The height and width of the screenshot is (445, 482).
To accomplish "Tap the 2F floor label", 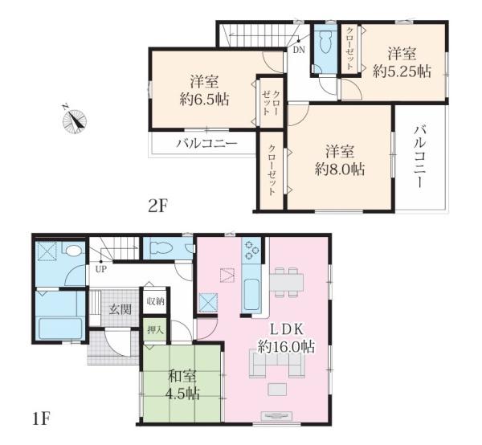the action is (157, 206).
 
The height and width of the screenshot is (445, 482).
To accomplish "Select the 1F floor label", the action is (41, 418).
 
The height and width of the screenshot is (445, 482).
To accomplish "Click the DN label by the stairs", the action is (299, 50).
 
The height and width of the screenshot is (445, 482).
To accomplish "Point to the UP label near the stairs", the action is (101, 270).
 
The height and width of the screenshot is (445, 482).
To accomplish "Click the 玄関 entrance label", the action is (120, 309).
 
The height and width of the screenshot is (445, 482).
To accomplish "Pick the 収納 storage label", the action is (156, 301).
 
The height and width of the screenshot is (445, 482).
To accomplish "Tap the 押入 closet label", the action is (155, 330).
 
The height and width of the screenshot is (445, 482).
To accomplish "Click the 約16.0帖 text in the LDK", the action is (286, 347).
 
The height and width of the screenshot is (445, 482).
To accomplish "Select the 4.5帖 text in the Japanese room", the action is (183, 394).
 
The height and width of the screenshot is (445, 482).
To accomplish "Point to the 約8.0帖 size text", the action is (339, 169).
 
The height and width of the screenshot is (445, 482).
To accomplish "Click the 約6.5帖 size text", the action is (204, 100).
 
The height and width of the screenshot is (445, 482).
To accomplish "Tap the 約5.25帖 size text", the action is (402, 71).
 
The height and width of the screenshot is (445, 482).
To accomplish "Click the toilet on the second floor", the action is (325, 43).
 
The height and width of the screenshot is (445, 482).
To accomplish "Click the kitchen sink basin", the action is (251, 295).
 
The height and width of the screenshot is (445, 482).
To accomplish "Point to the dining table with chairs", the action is (287, 282).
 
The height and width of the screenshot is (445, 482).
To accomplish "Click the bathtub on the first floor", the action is (61, 328).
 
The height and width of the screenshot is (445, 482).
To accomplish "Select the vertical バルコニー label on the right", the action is (419, 157).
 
